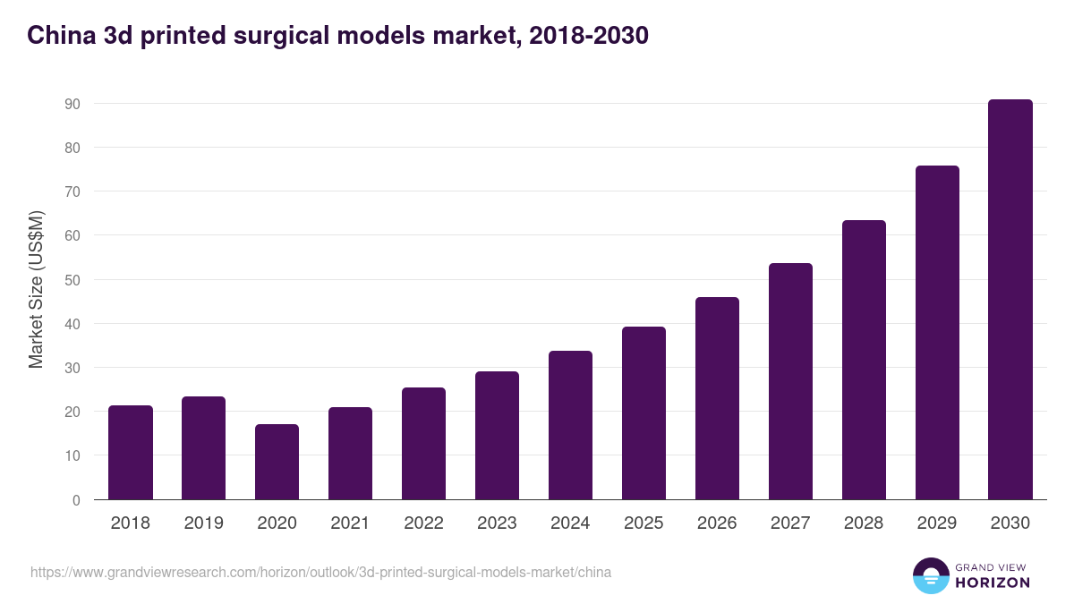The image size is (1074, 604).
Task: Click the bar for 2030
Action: (x=1010, y=300)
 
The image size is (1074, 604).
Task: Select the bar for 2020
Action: (x=277, y=462)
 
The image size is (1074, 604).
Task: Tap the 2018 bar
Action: (x=130, y=453)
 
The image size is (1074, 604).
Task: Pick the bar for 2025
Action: (x=644, y=413)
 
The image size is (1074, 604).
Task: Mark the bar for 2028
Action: (x=864, y=360)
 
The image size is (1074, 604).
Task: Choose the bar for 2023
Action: (x=497, y=436)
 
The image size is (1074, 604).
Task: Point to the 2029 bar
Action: (x=937, y=333)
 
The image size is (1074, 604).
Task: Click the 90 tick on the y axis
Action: (x=72, y=104)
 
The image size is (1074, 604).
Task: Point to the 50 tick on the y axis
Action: (x=72, y=280)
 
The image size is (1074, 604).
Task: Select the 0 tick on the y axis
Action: (x=76, y=500)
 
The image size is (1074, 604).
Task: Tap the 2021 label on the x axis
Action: (x=350, y=523)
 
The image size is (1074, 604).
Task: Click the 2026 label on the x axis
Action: (x=717, y=523)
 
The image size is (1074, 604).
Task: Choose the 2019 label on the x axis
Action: (x=203, y=523)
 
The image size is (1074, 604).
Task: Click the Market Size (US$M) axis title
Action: (x=36, y=288)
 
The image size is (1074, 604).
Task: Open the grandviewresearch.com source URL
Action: (x=321, y=572)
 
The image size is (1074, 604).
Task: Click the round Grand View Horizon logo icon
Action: (x=930, y=575)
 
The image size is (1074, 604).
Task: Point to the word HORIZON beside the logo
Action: (x=992, y=583)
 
